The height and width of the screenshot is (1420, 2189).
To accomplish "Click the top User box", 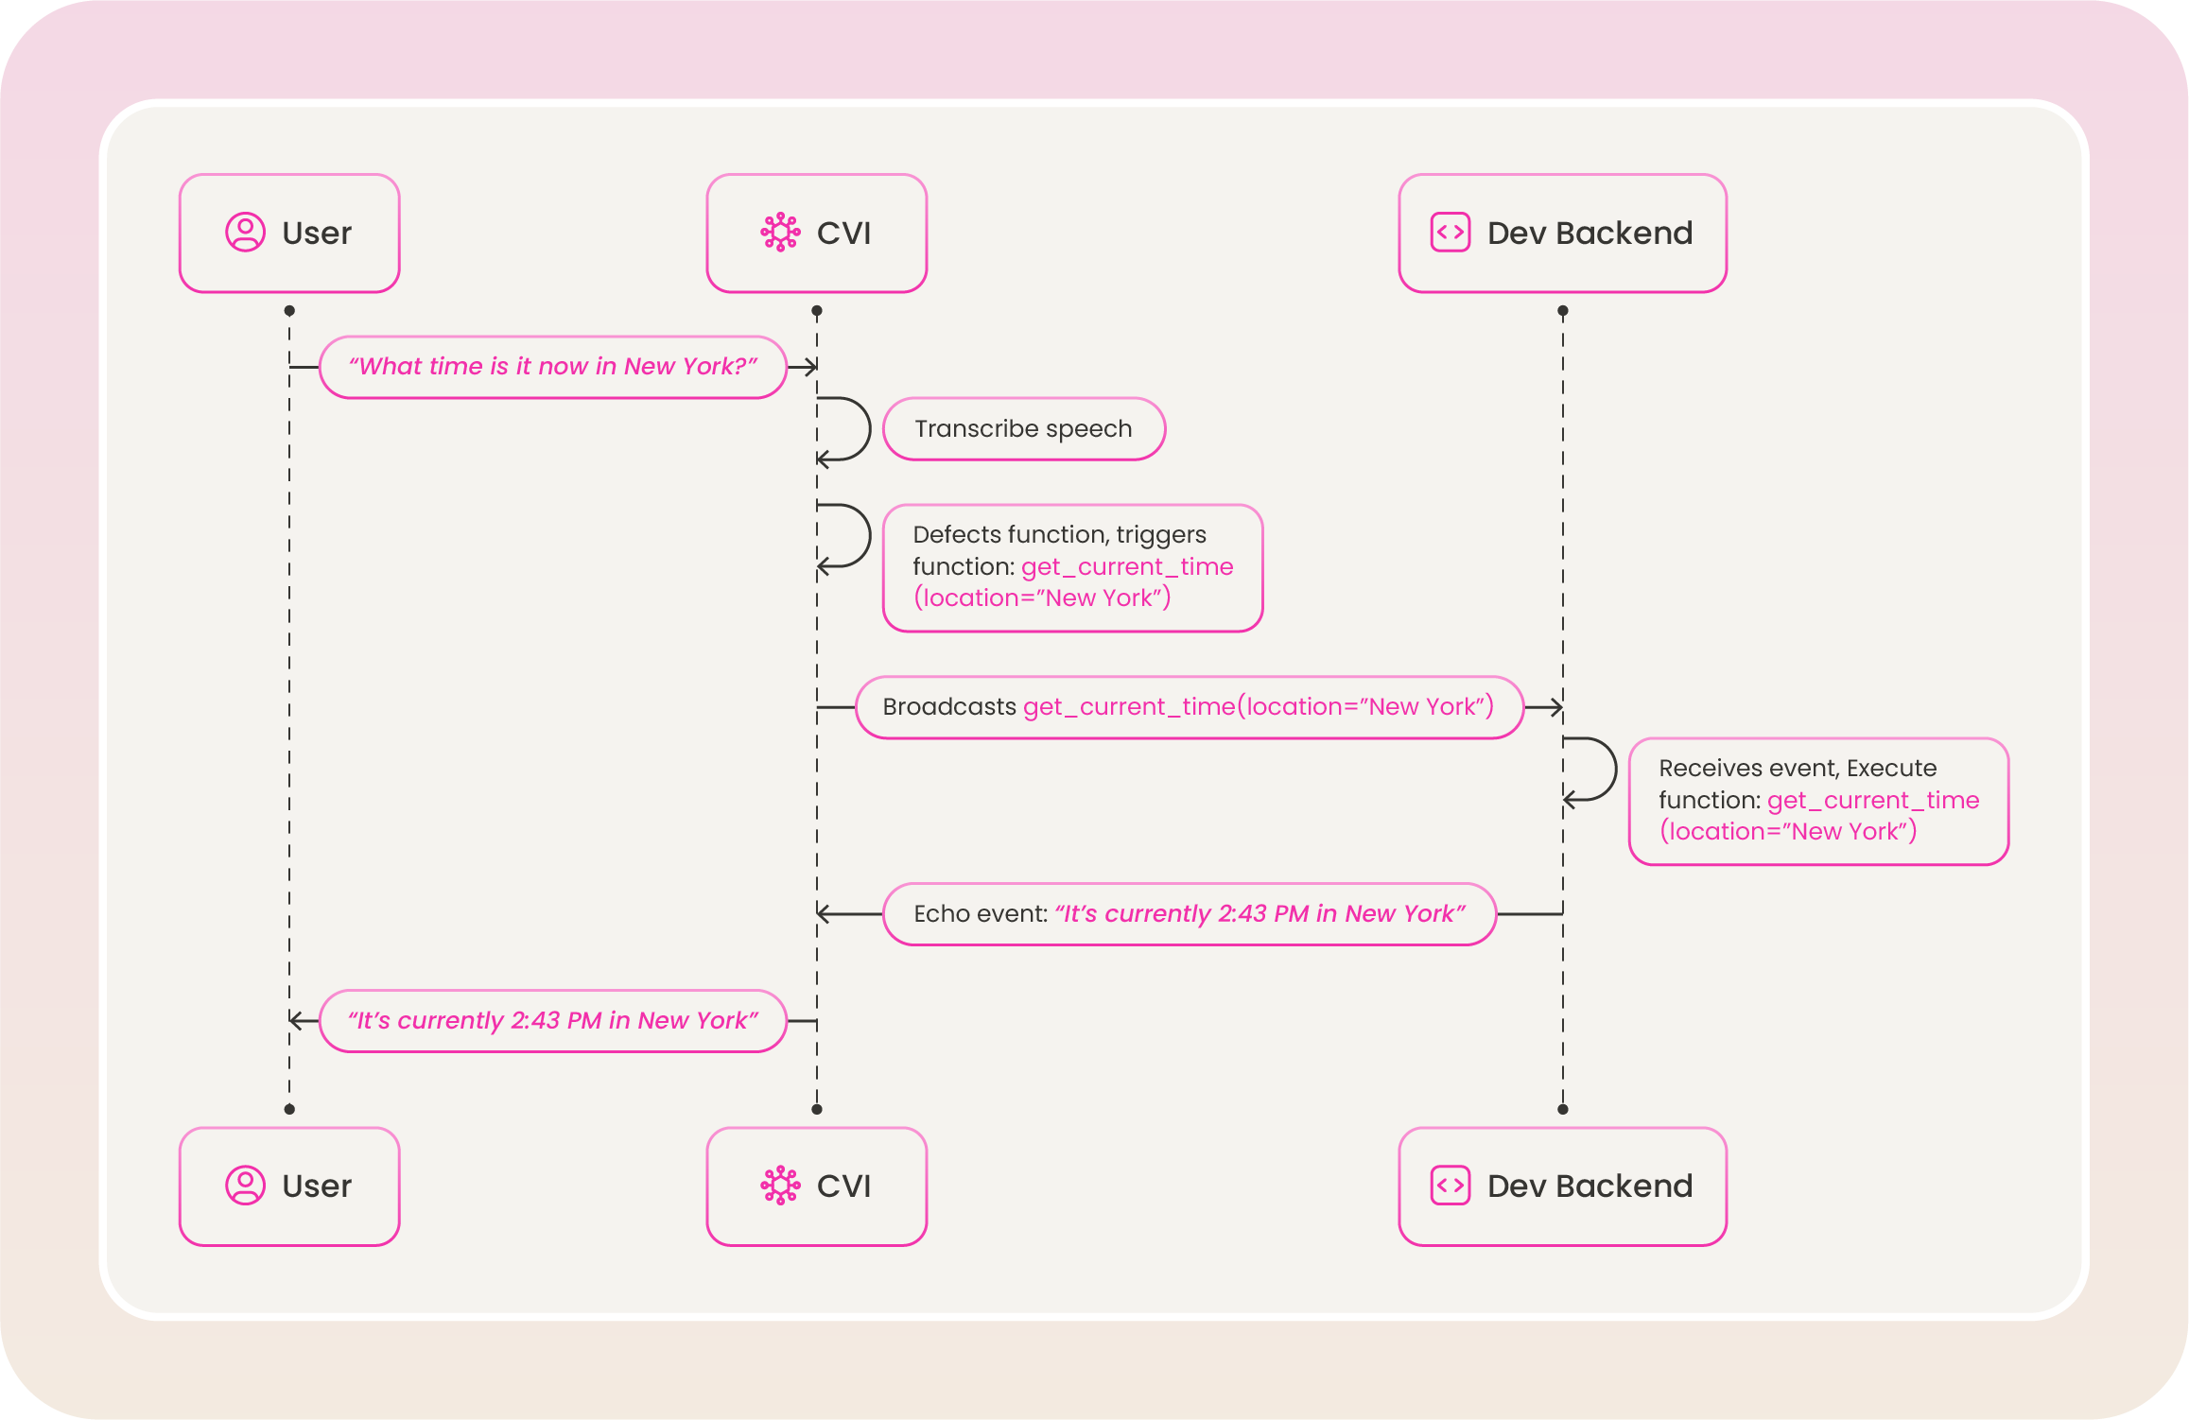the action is [289, 234].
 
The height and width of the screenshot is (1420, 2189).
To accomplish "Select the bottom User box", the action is [289, 1186].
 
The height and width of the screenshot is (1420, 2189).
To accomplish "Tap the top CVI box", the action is [817, 234].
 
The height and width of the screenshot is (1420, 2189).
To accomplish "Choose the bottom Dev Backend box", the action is [1563, 1186].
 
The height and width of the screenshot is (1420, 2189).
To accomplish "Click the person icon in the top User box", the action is [245, 232].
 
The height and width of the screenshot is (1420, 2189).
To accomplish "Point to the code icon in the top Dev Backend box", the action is [1451, 233].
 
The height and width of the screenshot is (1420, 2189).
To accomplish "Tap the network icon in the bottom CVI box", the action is [781, 1186].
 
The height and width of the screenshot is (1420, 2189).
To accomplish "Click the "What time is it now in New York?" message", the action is [553, 367].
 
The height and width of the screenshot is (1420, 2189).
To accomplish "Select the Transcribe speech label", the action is [1024, 429].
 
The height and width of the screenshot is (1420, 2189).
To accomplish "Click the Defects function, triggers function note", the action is [1073, 567].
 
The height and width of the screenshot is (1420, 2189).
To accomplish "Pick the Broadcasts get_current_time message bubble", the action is [1190, 707].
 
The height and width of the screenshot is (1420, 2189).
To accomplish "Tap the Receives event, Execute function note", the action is [1819, 801].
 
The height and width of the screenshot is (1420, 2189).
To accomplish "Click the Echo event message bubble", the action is [1190, 914].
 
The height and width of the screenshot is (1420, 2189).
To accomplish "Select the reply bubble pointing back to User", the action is [553, 1021].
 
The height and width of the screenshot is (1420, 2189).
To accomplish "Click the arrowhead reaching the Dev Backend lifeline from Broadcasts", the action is [1556, 707].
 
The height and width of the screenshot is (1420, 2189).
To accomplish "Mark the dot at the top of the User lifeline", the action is [289, 311].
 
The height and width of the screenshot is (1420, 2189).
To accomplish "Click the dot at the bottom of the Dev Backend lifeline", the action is [1563, 1110].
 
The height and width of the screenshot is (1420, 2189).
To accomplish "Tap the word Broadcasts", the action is [949, 707].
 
